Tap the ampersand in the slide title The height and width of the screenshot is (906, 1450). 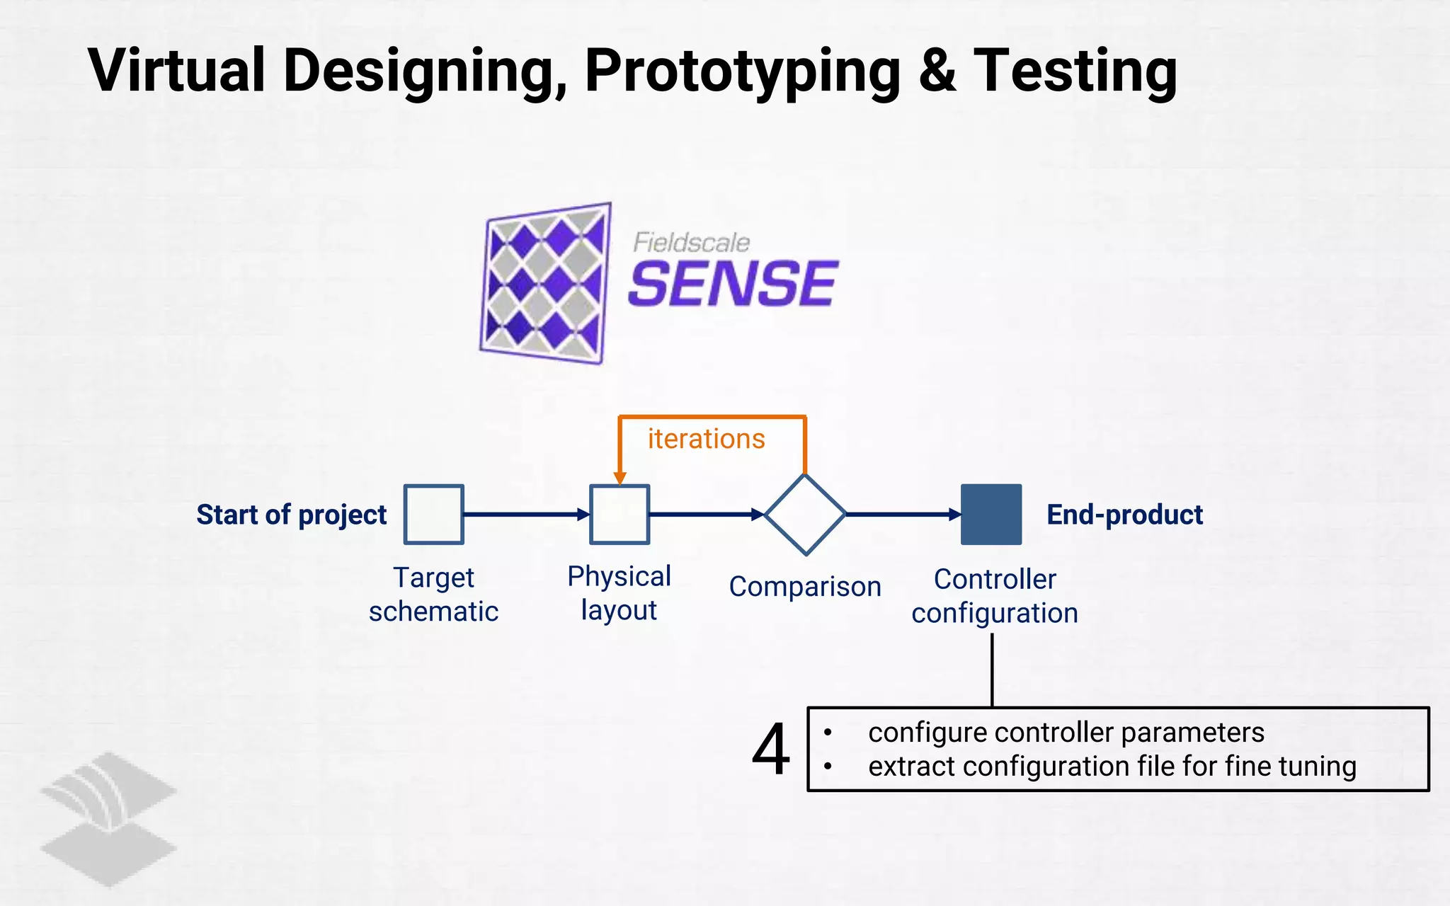tap(937, 71)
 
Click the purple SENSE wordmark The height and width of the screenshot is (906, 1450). tap(733, 284)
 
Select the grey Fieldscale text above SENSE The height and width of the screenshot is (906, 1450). tap(691, 243)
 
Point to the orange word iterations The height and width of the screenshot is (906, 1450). tap(706, 439)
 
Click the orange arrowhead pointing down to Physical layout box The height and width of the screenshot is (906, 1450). tap(620, 478)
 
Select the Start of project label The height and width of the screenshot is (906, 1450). tap(291, 515)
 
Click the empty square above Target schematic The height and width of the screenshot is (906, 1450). tap(433, 515)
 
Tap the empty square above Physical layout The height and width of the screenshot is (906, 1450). tap(620, 515)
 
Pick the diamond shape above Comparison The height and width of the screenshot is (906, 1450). tap(805, 515)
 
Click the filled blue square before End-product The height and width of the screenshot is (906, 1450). tap(991, 515)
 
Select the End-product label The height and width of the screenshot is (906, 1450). tap(1124, 515)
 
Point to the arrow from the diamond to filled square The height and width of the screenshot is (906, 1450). tap(903, 515)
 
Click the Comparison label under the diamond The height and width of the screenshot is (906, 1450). tap(805, 587)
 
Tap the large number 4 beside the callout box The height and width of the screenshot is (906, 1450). tap(770, 749)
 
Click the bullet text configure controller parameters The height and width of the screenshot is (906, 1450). tap(1066, 733)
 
